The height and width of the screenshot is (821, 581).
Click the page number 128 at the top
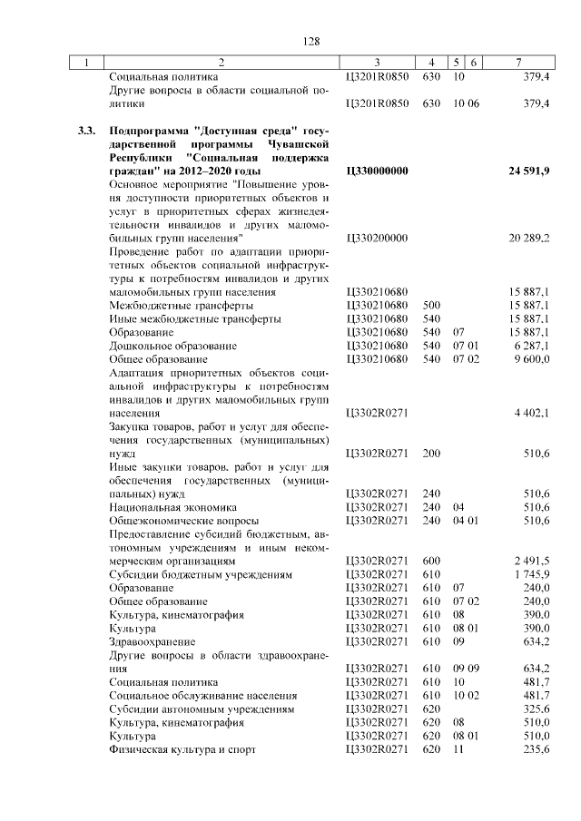pos(311,42)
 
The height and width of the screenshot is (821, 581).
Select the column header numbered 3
pos(377,63)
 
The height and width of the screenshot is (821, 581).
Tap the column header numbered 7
pos(517,63)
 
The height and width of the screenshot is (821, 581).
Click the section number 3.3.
pos(87,131)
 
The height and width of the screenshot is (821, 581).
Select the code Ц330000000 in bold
pos(378,171)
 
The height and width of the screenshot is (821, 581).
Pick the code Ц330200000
pos(378,238)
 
